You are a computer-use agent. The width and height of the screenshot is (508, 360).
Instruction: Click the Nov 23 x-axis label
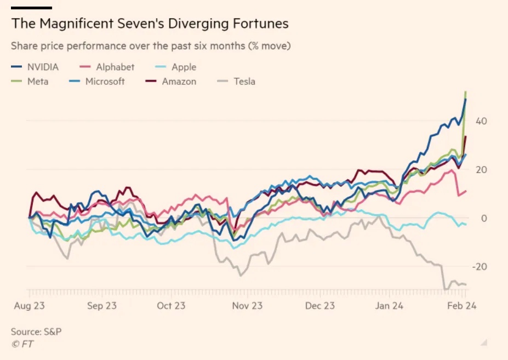point(247,306)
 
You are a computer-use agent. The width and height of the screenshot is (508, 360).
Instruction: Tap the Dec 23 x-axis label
point(320,306)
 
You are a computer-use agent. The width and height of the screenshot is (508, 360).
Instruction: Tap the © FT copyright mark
point(21,344)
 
